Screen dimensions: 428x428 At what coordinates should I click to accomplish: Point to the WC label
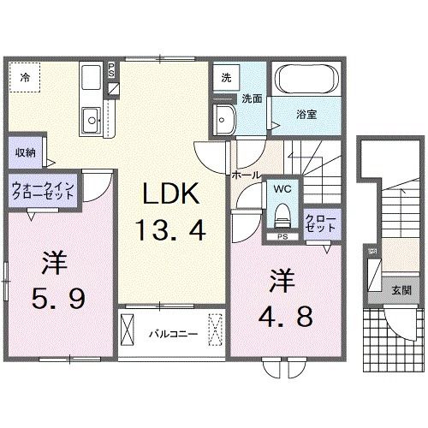282,187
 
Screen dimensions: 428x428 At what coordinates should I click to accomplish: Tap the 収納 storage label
25,152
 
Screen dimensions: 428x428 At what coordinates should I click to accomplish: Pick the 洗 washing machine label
225,77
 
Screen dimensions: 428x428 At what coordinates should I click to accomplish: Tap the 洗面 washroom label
250,98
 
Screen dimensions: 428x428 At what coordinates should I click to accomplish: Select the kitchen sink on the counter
91,116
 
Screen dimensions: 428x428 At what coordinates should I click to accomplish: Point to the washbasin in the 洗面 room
225,119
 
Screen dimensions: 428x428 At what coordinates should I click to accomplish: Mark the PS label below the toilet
282,235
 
